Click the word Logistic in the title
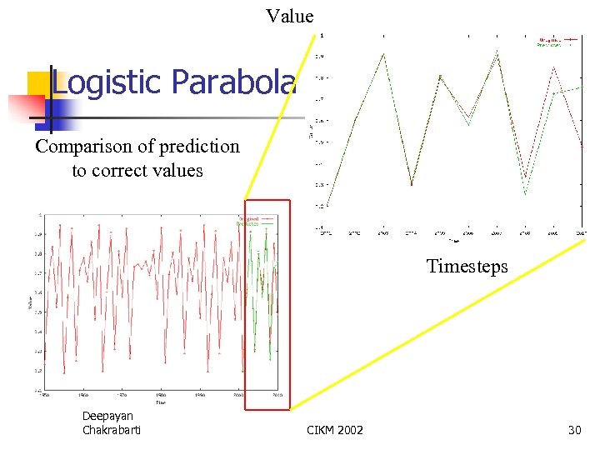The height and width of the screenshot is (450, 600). pos(107,82)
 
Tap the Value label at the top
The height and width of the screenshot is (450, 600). pos(290,16)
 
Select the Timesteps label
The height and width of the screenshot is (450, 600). pos(467,266)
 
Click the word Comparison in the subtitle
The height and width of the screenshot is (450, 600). pos(83,147)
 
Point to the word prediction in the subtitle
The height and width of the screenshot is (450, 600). pos(201,147)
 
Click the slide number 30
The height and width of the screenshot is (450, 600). pos(573,430)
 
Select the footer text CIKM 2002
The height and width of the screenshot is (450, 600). pos(335,430)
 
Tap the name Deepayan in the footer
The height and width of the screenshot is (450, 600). pos(107,416)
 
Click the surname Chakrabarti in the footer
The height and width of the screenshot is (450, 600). pos(112,430)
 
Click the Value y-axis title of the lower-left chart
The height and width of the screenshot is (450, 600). pos(30,304)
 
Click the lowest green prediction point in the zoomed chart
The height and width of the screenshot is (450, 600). pos(525,194)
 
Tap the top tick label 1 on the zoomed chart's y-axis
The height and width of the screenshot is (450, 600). pos(323,35)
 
